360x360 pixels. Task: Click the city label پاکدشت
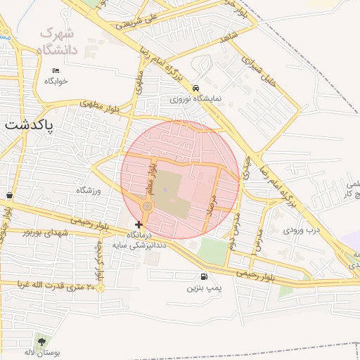click(30, 124)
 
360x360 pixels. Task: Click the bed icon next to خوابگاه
click(56, 70)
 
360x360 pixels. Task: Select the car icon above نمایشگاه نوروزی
click(195, 89)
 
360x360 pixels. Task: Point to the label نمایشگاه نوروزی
click(195, 100)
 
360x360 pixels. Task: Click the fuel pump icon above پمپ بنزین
click(204, 276)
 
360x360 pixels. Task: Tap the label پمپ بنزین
click(204, 288)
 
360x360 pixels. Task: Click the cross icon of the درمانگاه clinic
click(139, 224)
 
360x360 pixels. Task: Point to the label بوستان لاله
click(42, 353)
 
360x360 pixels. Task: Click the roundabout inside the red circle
click(147, 206)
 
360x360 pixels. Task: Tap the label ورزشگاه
click(89, 191)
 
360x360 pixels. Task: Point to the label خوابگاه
click(56, 81)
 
